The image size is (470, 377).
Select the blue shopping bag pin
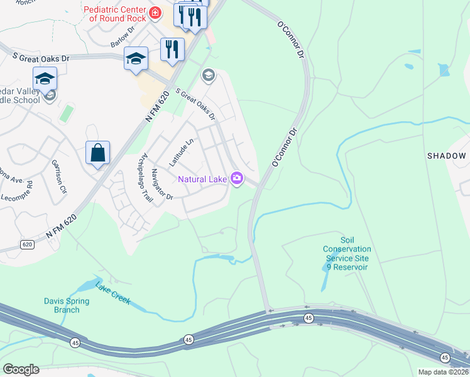tap(98, 153)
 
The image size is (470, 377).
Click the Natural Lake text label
tap(202, 179)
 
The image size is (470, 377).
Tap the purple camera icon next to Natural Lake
tap(236, 179)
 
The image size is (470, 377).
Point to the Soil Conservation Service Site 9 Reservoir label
tap(347, 253)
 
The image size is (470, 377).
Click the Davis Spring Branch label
tap(67, 305)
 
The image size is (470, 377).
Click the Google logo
tap(20, 369)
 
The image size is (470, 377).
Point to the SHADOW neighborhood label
tap(448, 156)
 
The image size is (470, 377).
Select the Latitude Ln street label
tap(180, 153)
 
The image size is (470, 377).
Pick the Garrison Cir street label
tap(58, 176)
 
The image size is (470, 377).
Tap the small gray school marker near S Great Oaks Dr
tap(208, 77)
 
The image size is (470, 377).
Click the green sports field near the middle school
tap(65, 114)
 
